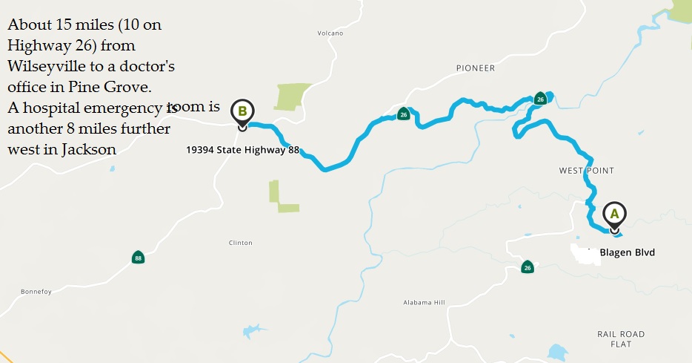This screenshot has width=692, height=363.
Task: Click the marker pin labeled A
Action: click(613, 215)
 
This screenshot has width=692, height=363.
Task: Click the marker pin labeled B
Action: click(242, 112)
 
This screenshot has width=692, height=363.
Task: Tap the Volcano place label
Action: click(330, 33)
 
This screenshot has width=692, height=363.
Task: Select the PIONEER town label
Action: click(476, 68)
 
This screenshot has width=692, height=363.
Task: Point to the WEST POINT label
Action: click(587, 171)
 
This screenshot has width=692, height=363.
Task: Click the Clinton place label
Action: click(240, 243)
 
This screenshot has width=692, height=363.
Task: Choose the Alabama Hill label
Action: click(424, 303)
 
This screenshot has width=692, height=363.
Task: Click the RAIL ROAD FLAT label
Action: click(621, 339)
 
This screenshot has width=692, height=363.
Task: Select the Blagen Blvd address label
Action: click(627, 252)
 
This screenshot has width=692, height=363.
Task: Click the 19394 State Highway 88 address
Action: click(242, 150)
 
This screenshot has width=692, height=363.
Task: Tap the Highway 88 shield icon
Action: click(138, 258)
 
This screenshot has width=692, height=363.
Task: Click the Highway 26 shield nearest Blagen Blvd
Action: click(527, 267)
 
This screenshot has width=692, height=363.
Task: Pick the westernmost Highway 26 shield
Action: click(403, 114)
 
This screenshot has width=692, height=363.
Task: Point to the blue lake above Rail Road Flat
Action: click(557, 351)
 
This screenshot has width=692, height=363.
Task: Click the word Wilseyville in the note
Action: click(42, 66)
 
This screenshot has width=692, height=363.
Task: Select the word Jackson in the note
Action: click(89, 149)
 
